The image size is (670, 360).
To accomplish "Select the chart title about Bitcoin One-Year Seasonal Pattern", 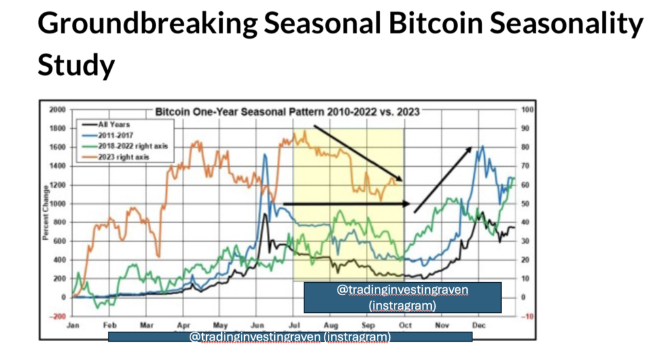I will click(287, 112).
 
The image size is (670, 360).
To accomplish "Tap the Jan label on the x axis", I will click(73, 325).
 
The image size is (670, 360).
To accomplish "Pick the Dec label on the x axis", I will click(479, 325).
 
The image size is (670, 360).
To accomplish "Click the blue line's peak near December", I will click(482, 147).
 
